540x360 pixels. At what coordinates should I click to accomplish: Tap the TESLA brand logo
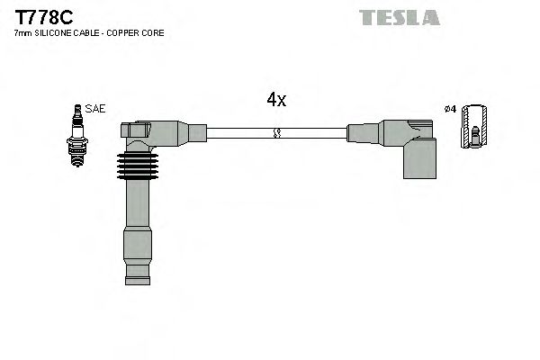tap(399, 17)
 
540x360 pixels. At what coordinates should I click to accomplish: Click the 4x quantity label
tap(276, 100)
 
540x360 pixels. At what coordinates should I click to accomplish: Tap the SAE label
tap(96, 109)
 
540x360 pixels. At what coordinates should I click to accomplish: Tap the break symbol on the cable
tap(276, 133)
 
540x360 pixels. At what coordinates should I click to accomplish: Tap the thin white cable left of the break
tap(238, 133)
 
